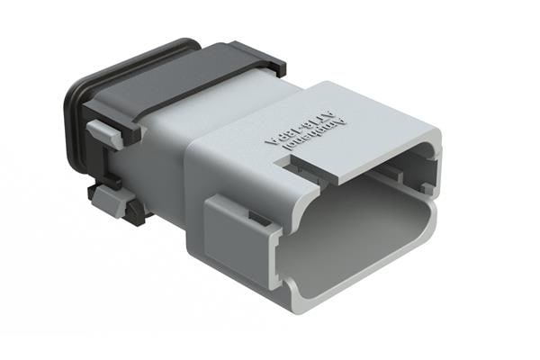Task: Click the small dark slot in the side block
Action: tap(256, 218)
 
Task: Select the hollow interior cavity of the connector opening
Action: tap(360, 225)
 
